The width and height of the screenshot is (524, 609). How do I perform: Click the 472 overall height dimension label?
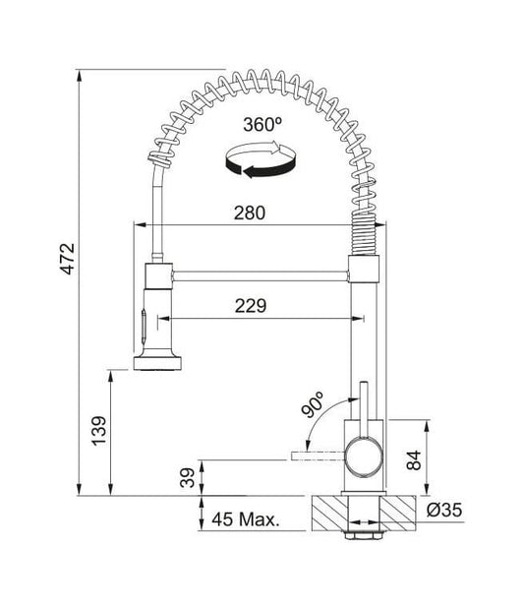(68, 259)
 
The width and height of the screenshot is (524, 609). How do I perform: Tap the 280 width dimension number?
(250, 213)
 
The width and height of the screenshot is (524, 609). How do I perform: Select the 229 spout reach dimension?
(251, 306)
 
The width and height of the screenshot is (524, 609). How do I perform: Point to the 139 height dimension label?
(98, 431)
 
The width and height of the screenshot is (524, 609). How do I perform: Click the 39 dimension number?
(188, 478)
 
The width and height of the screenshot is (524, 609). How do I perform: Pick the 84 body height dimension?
(414, 460)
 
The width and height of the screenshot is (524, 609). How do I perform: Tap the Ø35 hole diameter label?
(444, 510)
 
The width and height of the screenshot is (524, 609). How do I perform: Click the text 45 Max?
(246, 519)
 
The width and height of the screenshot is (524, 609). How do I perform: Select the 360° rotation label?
(262, 125)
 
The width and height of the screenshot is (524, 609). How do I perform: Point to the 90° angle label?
(313, 404)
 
